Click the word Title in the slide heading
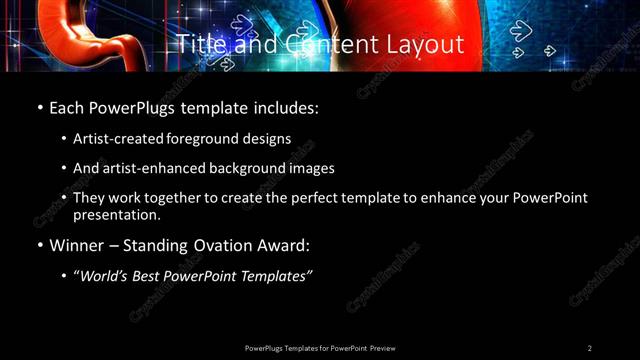[198, 45]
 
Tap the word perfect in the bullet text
[307, 198]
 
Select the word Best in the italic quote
[143, 275]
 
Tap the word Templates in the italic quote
[275, 275]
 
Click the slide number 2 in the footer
[590, 348]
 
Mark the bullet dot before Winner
[39, 245]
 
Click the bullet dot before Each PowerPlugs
[39, 107]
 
